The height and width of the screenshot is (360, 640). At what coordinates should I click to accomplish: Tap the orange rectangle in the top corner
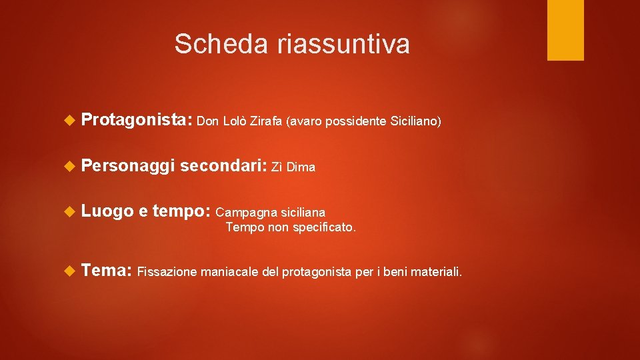[x=565, y=30]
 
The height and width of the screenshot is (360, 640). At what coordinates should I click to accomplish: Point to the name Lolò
[x=235, y=121]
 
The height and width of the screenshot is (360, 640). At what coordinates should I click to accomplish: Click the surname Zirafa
[x=267, y=121]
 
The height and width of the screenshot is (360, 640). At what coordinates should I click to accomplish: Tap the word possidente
[x=351, y=121]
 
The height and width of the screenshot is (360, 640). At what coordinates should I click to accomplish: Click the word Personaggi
[x=127, y=166]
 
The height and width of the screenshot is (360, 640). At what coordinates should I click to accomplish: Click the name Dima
[x=302, y=167]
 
